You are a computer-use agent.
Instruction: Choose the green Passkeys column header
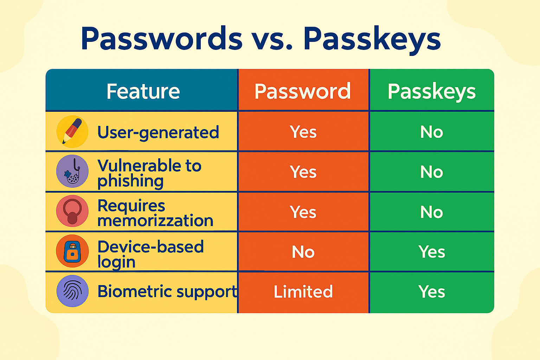(x=431, y=92)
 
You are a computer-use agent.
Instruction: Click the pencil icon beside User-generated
(x=72, y=131)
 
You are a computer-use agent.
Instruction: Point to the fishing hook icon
(x=72, y=171)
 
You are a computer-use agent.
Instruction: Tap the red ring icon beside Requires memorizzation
(x=72, y=211)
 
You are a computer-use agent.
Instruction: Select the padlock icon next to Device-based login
(x=72, y=251)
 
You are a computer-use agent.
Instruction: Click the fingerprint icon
(x=72, y=291)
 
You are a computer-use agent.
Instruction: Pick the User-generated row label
(x=158, y=133)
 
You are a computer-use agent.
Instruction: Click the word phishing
(x=130, y=181)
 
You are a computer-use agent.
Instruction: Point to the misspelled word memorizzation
(x=155, y=220)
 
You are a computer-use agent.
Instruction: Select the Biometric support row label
(x=167, y=292)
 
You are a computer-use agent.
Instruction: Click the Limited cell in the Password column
(x=303, y=291)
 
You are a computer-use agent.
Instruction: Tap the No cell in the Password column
(x=303, y=252)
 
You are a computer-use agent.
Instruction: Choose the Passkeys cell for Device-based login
(x=431, y=252)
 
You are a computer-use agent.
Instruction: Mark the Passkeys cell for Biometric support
(x=431, y=291)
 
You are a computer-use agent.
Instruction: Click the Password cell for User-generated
(x=303, y=132)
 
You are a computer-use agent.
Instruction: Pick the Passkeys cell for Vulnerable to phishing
(x=431, y=172)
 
